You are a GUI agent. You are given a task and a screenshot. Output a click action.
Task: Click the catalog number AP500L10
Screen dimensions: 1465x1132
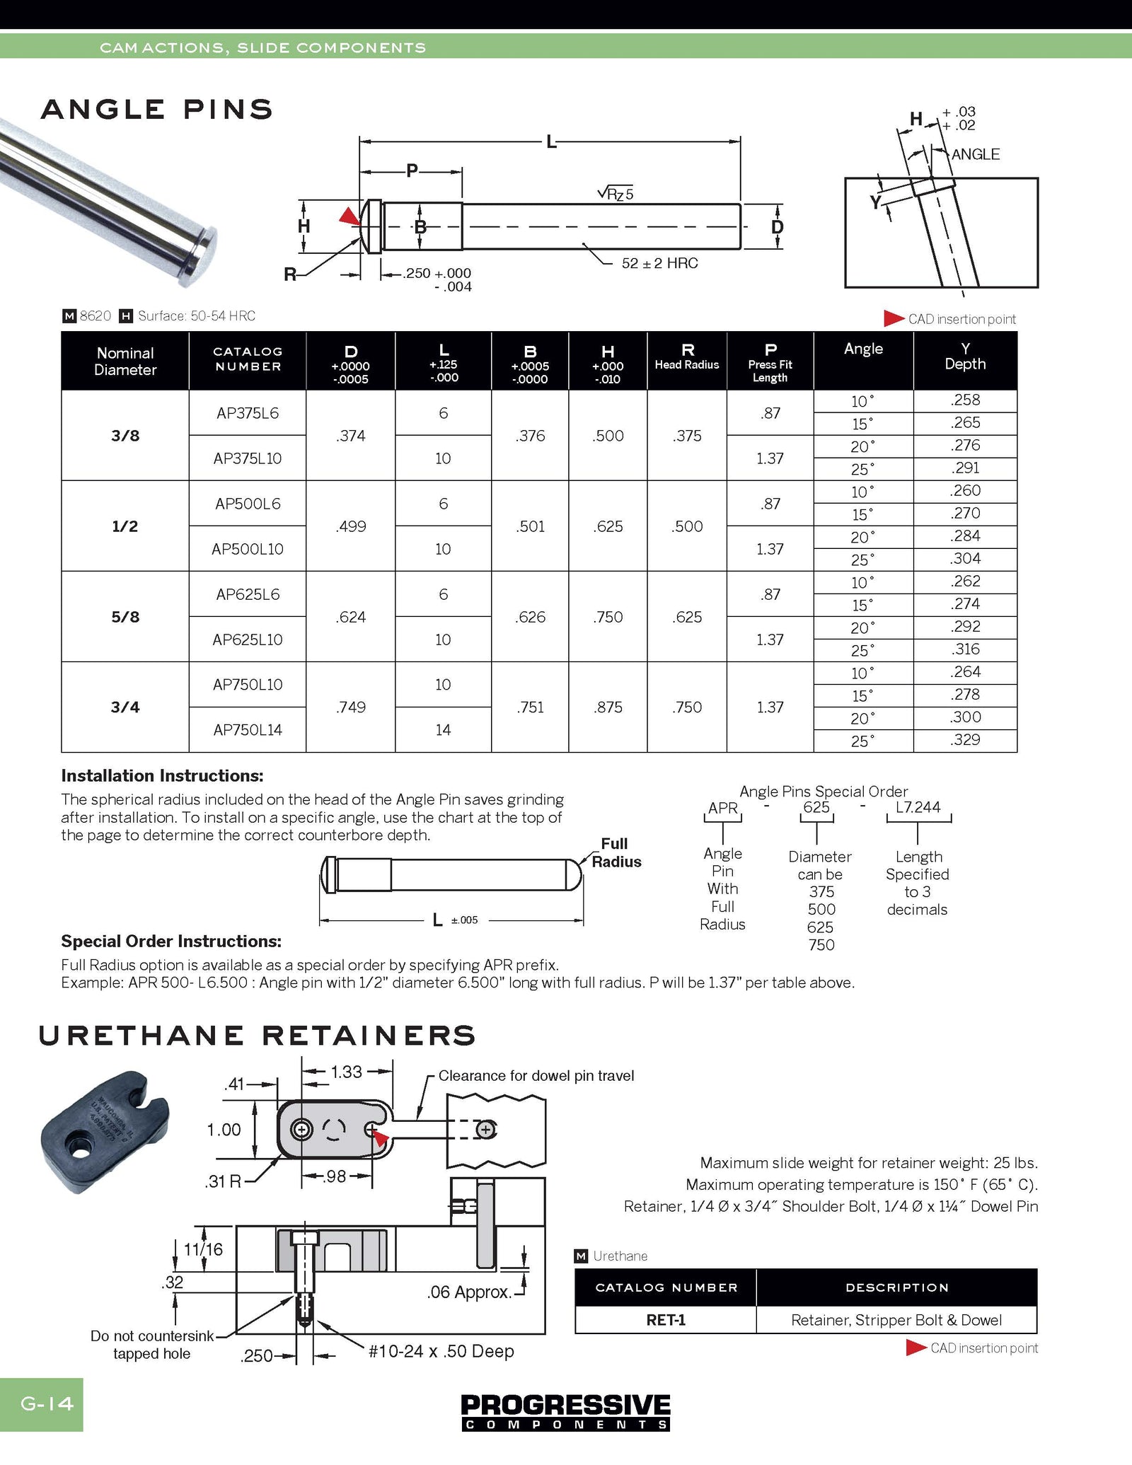click(x=248, y=549)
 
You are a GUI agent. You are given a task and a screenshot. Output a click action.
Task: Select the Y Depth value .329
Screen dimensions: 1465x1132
click(x=965, y=740)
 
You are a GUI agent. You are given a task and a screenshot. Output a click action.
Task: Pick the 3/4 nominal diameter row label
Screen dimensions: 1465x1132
click(x=125, y=707)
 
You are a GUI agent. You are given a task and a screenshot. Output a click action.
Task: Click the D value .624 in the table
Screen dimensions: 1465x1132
click(x=351, y=617)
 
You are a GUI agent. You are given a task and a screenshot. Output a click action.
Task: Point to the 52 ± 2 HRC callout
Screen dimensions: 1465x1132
click(x=659, y=263)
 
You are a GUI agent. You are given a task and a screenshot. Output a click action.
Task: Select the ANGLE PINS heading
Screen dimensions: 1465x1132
click(x=157, y=110)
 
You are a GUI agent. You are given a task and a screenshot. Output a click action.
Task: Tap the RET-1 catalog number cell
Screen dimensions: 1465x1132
click(x=666, y=1320)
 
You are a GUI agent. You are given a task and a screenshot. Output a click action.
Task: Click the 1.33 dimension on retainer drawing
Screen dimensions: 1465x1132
click(x=347, y=1072)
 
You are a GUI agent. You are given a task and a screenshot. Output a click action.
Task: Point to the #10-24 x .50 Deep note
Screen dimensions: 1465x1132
click(x=441, y=1351)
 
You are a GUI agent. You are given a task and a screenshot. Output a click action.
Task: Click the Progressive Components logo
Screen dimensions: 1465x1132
click(x=565, y=1411)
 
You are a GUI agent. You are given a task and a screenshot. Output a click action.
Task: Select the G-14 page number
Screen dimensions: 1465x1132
click(x=47, y=1403)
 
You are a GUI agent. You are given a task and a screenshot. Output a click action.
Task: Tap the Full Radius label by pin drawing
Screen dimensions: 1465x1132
click(x=616, y=852)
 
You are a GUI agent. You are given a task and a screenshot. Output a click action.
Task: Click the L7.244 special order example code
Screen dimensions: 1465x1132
click(x=918, y=807)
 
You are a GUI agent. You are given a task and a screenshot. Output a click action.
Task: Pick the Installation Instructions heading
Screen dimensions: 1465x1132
click(x=162, y=775)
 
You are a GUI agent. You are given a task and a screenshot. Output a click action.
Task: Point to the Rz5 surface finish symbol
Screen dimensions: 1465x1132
click(x=616, y=193)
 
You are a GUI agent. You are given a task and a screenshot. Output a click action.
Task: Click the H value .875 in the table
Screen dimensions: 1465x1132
click(x=608, y=707)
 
